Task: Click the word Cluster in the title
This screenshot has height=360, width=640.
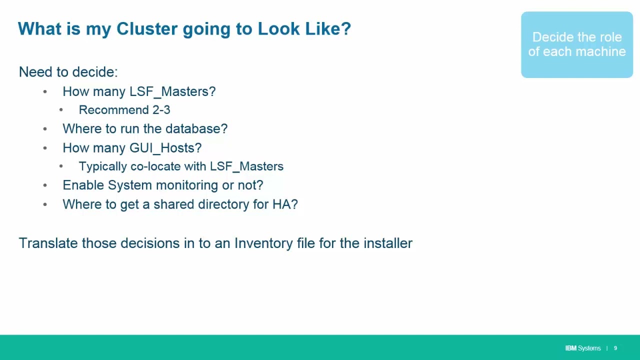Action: [147, 29]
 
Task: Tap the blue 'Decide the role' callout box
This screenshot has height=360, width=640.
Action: [576, 44]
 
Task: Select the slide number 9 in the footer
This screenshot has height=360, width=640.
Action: [615, 348]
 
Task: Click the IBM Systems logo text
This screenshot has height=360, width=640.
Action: [582, 348]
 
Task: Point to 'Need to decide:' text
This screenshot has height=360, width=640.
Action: [68, 72]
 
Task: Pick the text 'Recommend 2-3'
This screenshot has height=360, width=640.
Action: [124, 110]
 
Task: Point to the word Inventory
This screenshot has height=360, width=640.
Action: [263, 243]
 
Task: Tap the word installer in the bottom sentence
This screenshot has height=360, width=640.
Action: [387, 243]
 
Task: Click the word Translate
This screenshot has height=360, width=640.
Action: [48, 243]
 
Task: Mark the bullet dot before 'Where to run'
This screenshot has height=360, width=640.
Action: [45, 129]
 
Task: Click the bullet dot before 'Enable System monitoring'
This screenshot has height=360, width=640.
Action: [45, 185]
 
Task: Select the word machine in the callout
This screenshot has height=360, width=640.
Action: [602, 51]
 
